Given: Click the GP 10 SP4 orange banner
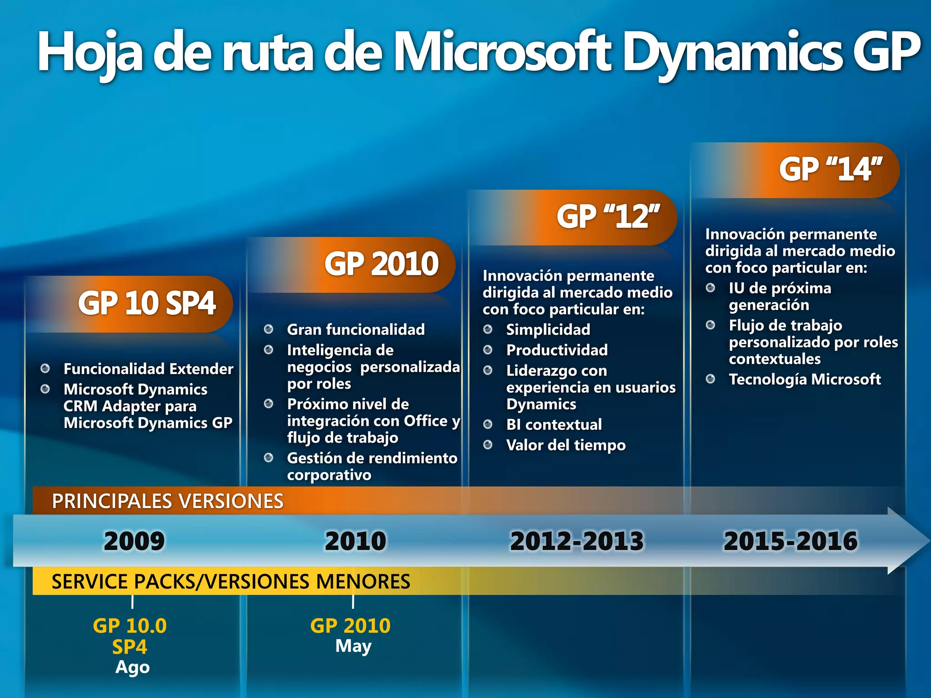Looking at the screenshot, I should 146,304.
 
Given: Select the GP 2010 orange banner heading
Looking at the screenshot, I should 381,264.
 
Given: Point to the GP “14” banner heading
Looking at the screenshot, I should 830,170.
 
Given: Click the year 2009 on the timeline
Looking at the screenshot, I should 134,541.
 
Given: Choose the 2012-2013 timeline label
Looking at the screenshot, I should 576,541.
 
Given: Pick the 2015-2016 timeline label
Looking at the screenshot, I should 790,541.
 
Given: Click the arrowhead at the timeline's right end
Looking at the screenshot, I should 907,541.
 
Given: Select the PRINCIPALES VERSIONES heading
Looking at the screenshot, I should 167,501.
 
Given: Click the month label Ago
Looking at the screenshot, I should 132,667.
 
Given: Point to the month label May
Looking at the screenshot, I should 353,646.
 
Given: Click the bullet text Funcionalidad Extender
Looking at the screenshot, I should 148,369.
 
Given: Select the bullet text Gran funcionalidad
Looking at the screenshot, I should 355,329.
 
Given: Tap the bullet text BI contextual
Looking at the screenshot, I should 554,424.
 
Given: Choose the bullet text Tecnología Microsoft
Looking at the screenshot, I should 805,379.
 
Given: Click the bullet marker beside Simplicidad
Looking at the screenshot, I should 488,329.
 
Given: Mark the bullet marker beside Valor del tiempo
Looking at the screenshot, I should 488,445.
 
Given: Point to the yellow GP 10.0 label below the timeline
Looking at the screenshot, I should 130,626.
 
